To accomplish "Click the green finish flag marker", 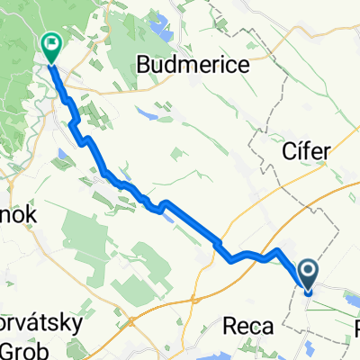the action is point(50,42).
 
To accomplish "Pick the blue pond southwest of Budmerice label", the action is point(146,114).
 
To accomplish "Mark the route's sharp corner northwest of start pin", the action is point(278,249).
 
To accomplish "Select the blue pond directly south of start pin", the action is point(311,347).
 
